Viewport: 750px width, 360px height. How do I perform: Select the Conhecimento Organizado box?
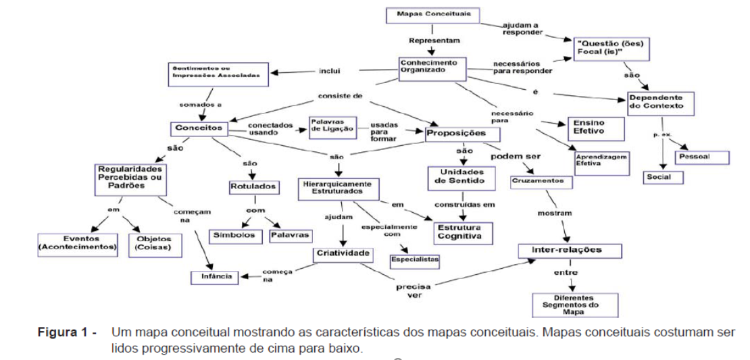pos(429,67)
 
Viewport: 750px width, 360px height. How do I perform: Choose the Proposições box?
pos(456,133)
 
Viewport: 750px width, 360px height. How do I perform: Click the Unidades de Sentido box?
pos(462,177)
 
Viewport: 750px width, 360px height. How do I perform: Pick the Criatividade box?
pos(344,254)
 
